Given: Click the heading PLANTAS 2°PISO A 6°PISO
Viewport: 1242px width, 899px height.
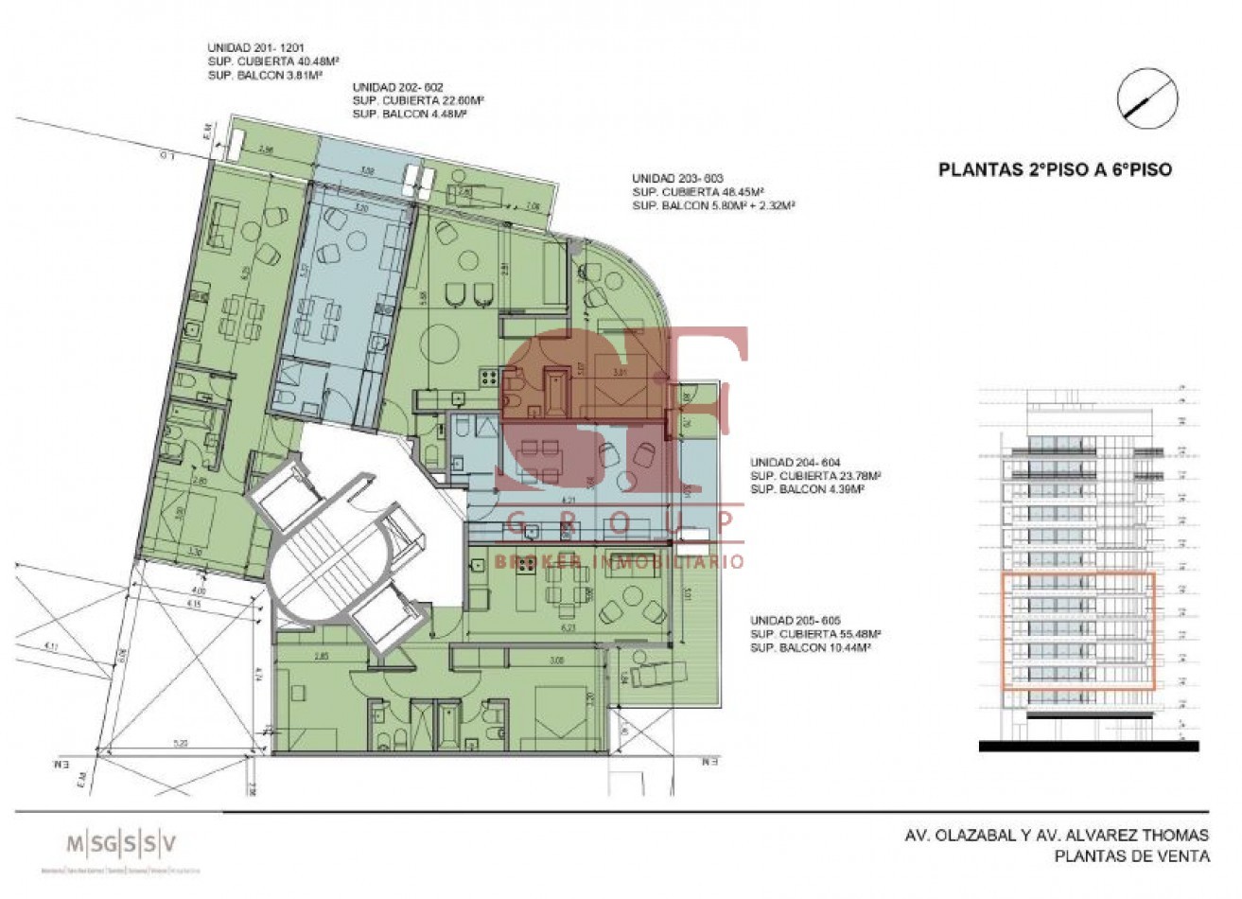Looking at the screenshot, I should pyautogui.click(x=1054, y=170).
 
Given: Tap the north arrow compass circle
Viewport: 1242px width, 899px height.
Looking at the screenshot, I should pyautogui.click(x=1146, y=99).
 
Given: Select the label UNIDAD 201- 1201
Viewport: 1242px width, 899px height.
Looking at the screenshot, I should pyautogui.click(x=254, y=47).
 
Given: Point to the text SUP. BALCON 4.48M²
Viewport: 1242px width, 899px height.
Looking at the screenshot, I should pyautogui.click(x=410, y=113).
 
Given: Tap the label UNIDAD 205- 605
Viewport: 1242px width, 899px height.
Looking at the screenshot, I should pyautogui.click(x=795, y=620).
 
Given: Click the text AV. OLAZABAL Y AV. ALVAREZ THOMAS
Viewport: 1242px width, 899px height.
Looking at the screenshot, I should pyautogui.click(x=1052, y=836).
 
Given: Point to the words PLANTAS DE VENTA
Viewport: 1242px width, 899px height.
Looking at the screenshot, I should pyautogui.click(x=1132, y=856).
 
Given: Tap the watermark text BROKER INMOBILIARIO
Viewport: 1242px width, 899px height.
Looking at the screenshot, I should pyautogui.click(x=619, y=561).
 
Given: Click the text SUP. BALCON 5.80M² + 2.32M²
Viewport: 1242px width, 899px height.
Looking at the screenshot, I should pyautogui.click(x=712, y=204).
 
